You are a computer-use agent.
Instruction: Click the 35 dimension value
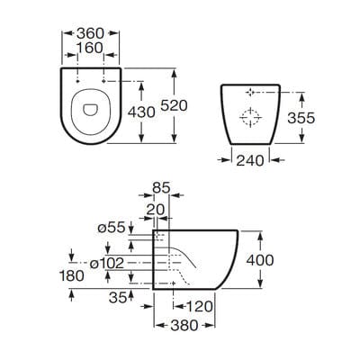(116, 294)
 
